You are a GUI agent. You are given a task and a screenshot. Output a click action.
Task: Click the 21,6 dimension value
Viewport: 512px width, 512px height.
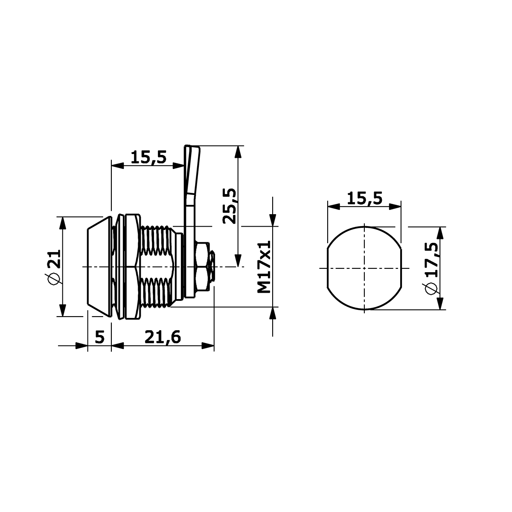(163, 337)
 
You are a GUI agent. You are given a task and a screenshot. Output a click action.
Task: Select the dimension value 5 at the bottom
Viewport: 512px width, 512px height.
(100, 337)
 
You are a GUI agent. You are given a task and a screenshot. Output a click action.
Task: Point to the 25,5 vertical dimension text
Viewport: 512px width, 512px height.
(229, 206)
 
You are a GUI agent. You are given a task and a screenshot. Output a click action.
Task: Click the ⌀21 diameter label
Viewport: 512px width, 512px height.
(54, 267)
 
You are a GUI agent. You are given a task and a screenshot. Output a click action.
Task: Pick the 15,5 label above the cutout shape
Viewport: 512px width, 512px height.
(364, 198)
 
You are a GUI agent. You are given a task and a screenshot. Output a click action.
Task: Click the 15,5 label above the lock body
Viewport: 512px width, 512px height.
(148, 157)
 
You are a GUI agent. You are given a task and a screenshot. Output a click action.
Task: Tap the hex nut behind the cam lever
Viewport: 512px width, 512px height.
(202, 267)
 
